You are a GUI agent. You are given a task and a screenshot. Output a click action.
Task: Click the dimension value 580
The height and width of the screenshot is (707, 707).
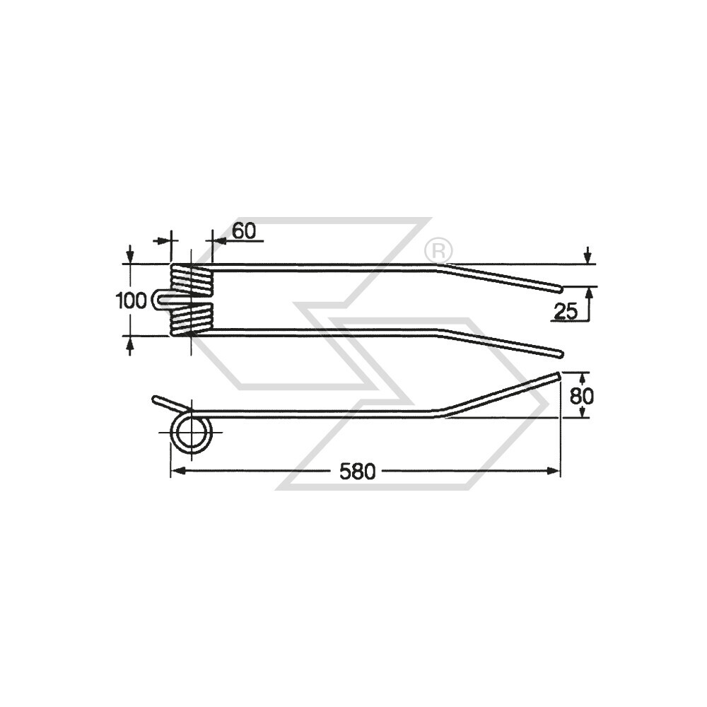[x=357, y=472]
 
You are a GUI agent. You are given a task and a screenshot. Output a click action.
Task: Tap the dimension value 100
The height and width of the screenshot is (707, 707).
[x=132, y=300]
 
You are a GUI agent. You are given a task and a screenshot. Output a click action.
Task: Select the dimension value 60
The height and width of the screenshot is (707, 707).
[x=244, y=231]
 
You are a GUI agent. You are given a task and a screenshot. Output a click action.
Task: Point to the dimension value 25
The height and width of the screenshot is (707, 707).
[x=566, y=312]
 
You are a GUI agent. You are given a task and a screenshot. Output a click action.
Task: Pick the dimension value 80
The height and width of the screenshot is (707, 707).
[x=582, y=397]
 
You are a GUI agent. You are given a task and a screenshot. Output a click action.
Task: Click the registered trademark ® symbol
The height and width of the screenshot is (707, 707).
[x=438, y=250]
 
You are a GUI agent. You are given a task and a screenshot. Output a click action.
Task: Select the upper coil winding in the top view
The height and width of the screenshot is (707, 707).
[x=192, y=280]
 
